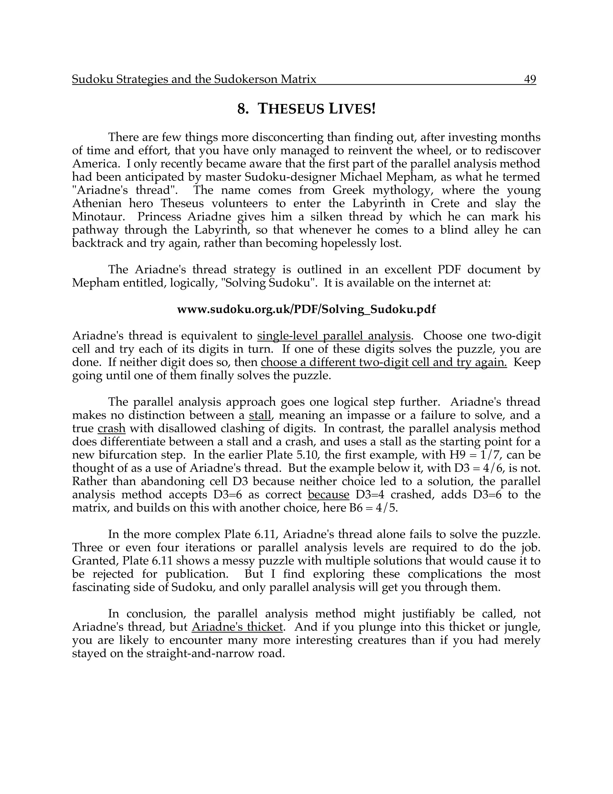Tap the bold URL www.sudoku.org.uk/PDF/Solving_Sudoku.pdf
coord(306,310)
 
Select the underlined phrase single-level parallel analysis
coord(334,336)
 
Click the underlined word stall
coord(260,415)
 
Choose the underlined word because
coord(328,494)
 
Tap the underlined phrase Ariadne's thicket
coord(237,627)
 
